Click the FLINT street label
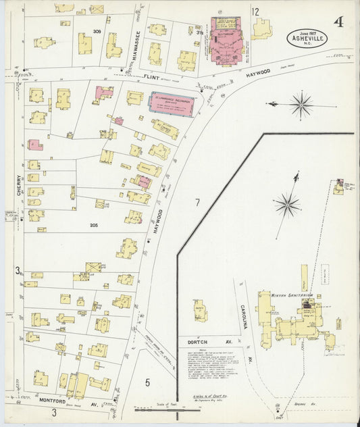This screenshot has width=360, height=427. (151, 77)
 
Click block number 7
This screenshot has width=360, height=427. (198, 203)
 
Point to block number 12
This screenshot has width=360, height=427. (255, 11)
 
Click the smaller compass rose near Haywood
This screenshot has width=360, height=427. (300, 104)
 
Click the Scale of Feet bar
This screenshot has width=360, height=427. (157, 409)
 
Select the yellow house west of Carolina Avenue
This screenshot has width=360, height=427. (200, 311)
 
